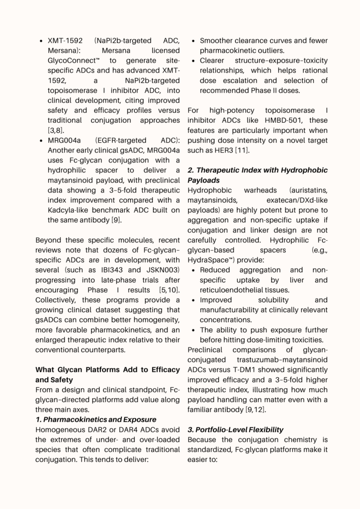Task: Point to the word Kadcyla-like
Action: [70, 210]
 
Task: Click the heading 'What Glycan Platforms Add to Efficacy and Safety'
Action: [108, 375]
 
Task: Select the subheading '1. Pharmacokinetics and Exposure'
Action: [96, 420]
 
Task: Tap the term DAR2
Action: [101, 430]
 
